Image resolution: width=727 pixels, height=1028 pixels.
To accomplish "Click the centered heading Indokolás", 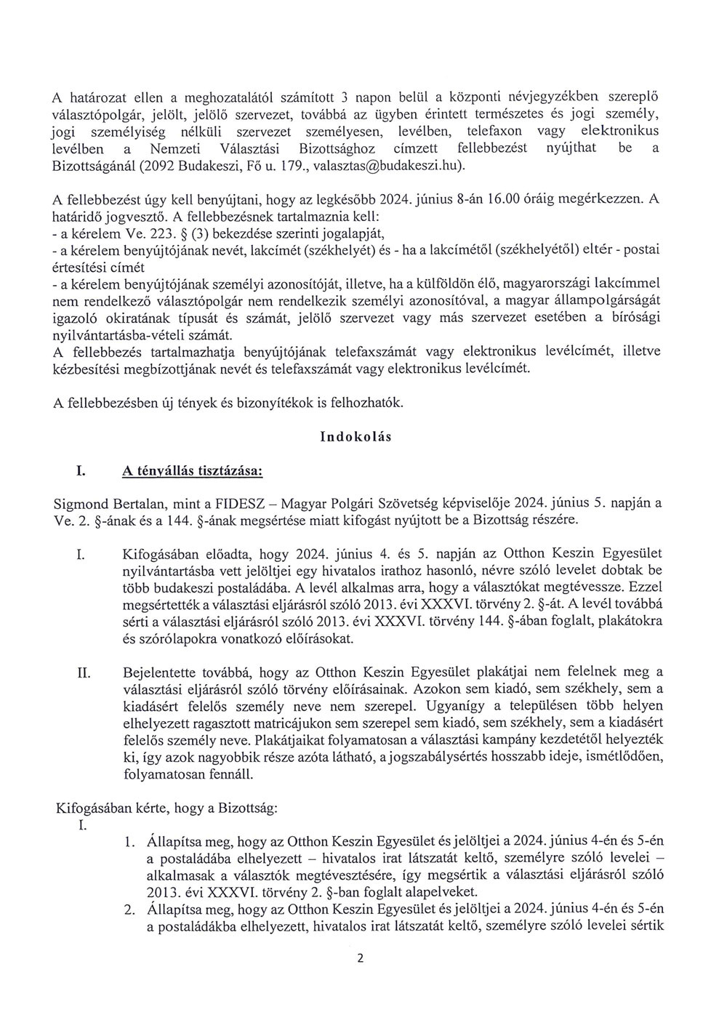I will click(x=356, y=437).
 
